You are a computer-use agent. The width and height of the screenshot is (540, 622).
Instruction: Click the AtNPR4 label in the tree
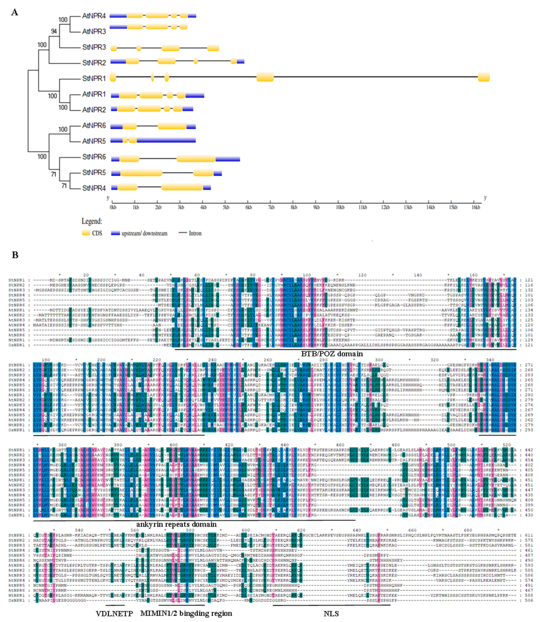(x=94, y=16)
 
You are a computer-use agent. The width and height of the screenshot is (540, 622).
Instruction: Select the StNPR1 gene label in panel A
(x=94, y=79)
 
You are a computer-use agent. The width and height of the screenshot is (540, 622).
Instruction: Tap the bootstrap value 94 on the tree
(x=54, y=31)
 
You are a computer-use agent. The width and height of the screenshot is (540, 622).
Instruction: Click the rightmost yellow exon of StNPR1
(x=483, y=77)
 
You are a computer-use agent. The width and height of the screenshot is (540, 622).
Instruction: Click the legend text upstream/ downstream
(x=144, y=233)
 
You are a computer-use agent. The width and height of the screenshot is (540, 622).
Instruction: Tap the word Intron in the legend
(x=195, y=233)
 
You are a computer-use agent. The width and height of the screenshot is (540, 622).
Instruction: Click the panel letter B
(x=15, y=255)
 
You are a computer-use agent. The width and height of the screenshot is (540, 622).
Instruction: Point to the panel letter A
(x=14, y=12)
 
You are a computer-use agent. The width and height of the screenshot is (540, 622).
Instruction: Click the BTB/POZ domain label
(x=332, y=354)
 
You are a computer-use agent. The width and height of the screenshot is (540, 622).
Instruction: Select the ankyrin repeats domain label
(x=176, y=524)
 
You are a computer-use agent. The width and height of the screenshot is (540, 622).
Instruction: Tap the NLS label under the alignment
(x=331, y=614)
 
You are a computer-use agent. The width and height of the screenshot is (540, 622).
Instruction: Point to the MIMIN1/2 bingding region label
(x=186, y=613)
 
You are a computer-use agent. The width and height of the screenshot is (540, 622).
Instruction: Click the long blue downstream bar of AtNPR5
(x=166, y=140)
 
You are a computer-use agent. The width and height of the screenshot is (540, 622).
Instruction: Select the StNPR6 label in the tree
(x=94, y=157)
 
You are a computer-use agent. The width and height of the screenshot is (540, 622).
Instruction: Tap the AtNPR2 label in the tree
(x=94, y=110)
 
